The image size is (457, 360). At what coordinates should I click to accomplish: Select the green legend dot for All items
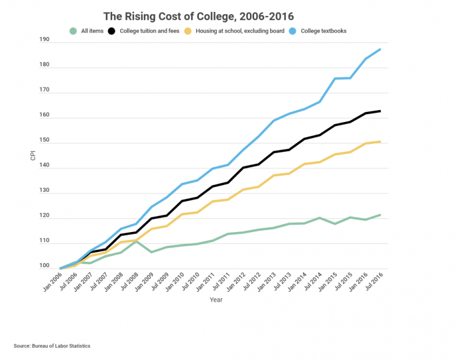(73, 31)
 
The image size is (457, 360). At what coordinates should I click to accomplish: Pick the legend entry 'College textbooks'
(324, 31)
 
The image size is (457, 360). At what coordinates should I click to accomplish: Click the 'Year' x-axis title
(215, 300)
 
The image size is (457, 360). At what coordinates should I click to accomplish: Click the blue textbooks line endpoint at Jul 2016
(380, 49)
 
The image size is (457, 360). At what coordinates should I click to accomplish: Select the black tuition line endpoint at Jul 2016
(380, 111)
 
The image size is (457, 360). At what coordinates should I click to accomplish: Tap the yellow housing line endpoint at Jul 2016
(380, 142)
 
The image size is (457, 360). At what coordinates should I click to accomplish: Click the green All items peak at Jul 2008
(136, 241)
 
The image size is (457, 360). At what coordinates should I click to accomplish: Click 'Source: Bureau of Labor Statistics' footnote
(52, 346)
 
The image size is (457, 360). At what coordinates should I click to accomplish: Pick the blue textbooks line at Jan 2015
(334, 79)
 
